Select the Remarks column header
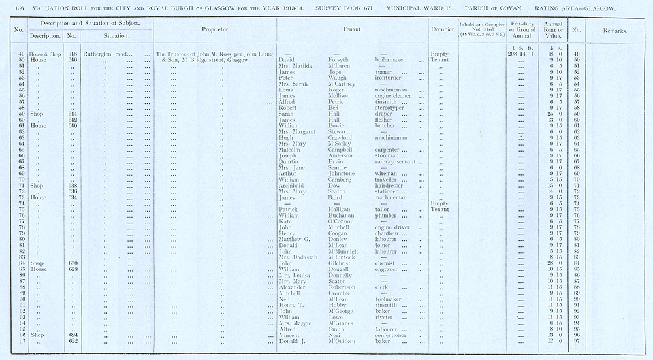click(x=615, y=31)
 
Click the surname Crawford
click(x=340, y=138)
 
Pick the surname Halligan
click(x=340, y=210)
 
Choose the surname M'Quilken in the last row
click(x=345, y=341)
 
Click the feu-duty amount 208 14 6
click(x=520, y=54)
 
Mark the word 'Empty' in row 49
click(x=439, y=54)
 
